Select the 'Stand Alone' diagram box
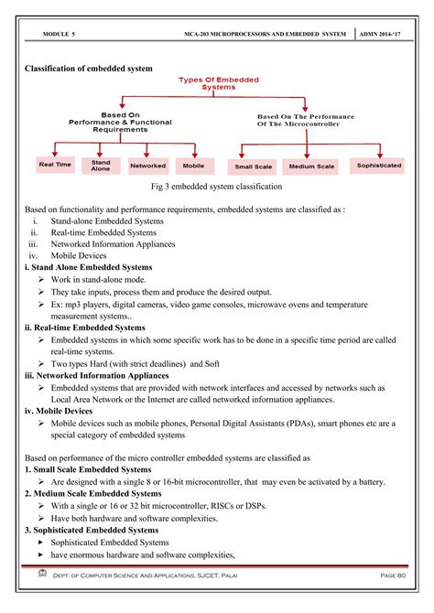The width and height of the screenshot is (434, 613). (x=101, y=165)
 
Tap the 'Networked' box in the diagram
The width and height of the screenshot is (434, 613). (x=147, y=165)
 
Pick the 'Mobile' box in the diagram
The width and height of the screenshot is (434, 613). (x=193, y=165)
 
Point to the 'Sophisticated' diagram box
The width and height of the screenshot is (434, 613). (x=379, y=166)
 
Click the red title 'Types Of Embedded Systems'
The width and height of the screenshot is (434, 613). (x=218, y=83)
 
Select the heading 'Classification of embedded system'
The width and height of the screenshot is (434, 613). (x=89, y=69)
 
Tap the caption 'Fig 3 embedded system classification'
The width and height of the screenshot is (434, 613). (x=217, y=187)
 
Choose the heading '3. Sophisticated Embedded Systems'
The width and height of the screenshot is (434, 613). (x=92, y=530)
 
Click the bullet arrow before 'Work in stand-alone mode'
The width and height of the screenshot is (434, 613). (x=42, y=278)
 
